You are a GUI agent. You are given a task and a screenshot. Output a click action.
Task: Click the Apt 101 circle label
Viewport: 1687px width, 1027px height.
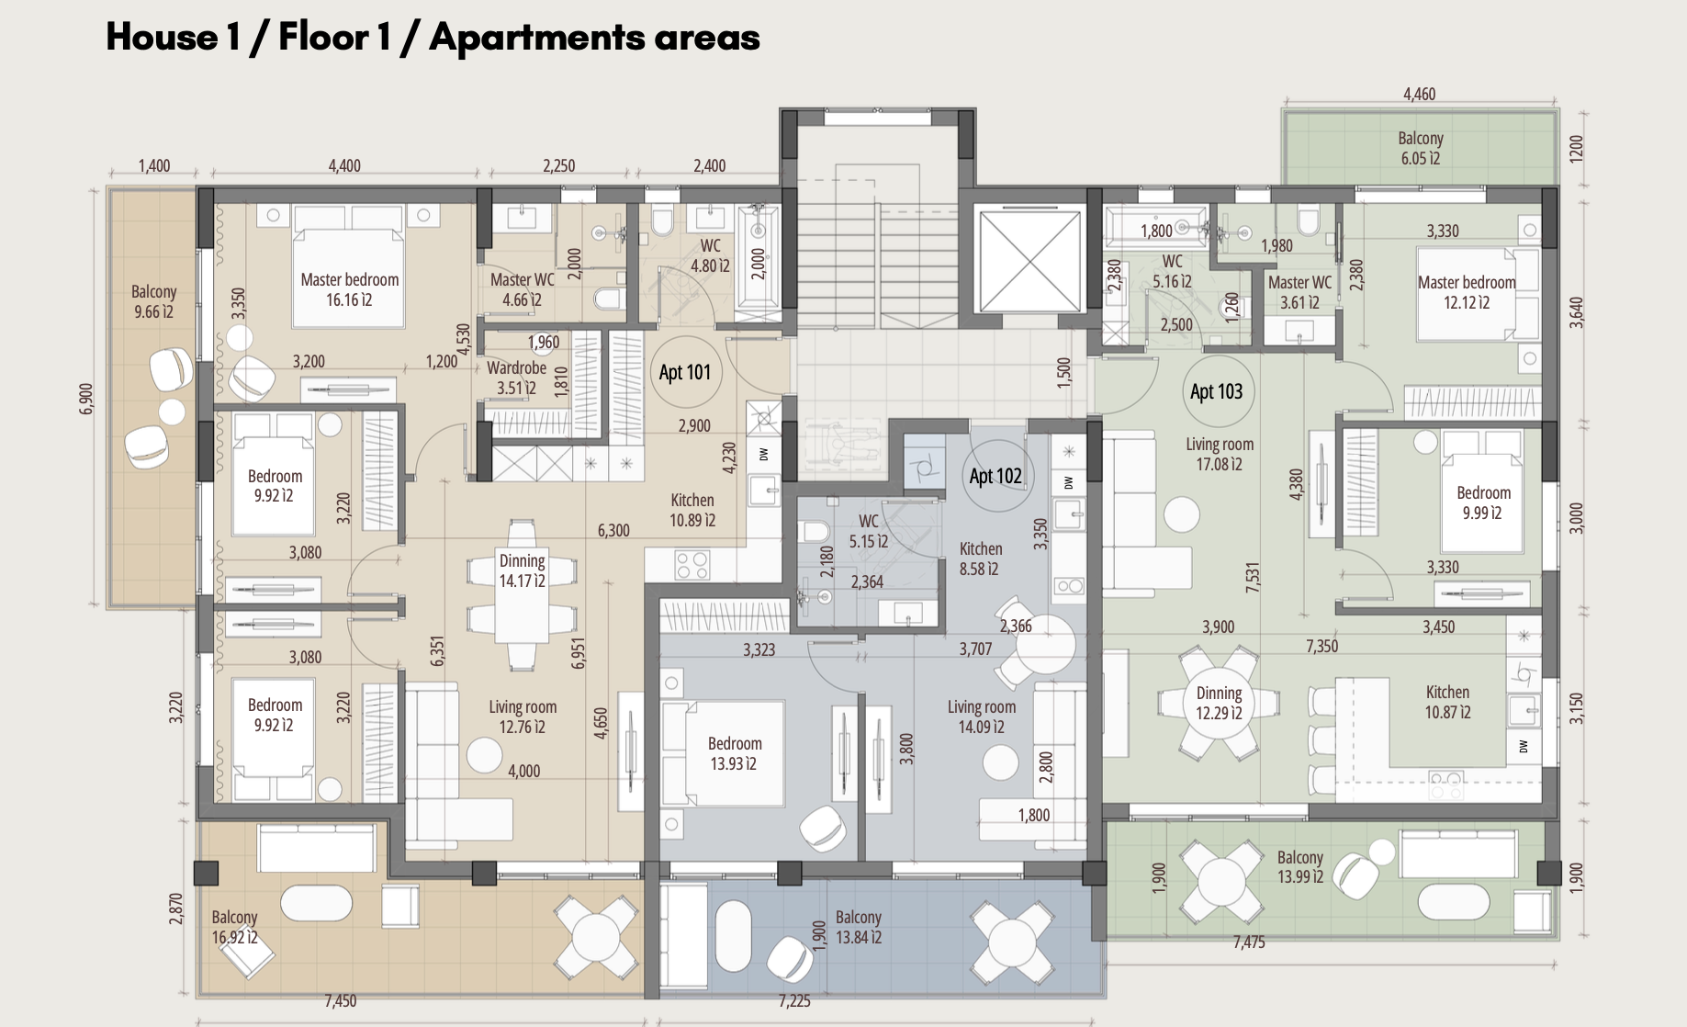coord(685,372)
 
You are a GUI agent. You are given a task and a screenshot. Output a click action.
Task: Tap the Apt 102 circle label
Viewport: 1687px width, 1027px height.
coord(995,476)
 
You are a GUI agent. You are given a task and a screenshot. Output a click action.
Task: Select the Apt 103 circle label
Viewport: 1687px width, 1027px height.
coord(1217,391)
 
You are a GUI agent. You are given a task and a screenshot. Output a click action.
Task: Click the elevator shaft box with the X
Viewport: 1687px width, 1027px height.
coord(1031,264)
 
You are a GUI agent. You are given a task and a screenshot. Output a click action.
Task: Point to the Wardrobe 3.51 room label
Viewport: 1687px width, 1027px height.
coord(516,378)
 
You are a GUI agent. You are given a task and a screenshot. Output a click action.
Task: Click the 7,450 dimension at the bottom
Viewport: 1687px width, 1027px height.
coord(341,1000)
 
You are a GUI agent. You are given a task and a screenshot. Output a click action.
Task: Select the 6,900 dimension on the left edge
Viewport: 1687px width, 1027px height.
coord(86,399)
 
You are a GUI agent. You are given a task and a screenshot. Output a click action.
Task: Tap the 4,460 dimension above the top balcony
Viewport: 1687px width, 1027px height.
coord(1419,94)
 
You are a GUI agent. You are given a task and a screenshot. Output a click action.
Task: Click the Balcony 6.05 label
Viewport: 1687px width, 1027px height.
coord(1421,148)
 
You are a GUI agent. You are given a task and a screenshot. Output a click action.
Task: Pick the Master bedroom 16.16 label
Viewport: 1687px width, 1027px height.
coord(350,289)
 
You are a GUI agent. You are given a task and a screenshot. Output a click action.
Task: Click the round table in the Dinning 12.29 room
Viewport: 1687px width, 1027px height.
coord(1219,703)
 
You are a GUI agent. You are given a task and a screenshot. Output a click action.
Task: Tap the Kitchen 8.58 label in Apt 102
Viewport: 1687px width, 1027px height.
coord(980,559)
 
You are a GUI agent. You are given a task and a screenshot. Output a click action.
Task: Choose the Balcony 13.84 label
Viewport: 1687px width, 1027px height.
coord(859,927)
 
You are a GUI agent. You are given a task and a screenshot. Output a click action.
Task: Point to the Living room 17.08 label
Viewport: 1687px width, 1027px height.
coord(1220,454)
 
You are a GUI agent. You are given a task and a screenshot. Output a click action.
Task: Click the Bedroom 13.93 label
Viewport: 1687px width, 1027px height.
coord(735,753)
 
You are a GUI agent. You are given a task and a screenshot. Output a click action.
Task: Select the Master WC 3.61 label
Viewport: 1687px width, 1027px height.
coord(1299,292)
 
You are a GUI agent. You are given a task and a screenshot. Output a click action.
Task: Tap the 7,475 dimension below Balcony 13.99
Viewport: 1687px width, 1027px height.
coord(1249,942)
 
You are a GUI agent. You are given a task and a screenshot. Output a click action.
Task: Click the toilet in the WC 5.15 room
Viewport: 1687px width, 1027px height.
coord(814,530)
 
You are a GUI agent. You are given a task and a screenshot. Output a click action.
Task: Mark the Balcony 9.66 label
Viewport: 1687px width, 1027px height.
coord(153,301)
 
